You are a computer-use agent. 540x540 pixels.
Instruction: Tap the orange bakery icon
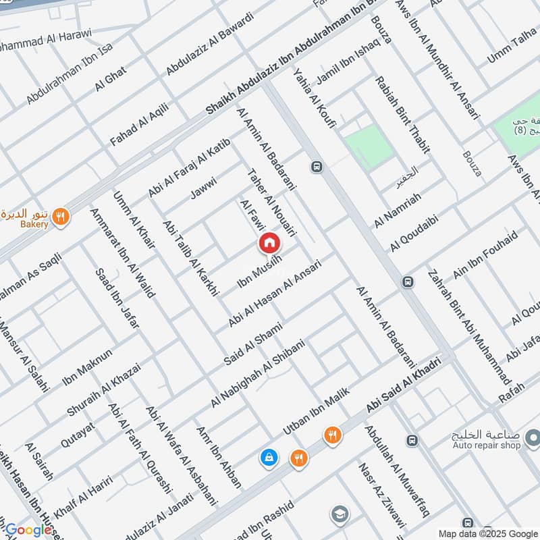coord(61,217)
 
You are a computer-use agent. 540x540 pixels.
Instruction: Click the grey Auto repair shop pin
coord(532,435)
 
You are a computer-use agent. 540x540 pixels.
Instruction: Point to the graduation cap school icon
coord(340,515)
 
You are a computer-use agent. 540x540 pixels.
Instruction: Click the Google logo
coord(28,531)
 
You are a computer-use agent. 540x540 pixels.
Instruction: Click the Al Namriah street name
coord(398,209)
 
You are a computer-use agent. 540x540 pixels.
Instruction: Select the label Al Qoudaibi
coord(414,234)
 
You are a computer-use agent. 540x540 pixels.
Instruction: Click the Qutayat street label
coord(78,433)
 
